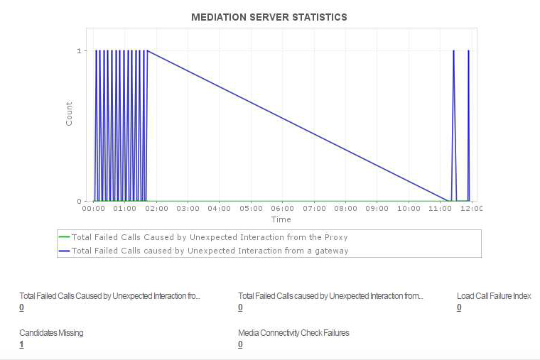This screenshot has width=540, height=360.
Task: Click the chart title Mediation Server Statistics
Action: click(269, 16)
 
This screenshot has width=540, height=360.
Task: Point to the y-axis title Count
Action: click(69, 114)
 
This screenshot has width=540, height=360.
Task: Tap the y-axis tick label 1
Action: click(78, 51)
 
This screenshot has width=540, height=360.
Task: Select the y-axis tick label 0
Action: click(78, 201)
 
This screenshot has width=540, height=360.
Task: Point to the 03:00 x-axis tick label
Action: click(188, 209)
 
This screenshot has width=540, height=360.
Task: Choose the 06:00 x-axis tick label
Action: click(283, 209)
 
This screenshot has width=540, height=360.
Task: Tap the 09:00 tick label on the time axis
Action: click(377, 209)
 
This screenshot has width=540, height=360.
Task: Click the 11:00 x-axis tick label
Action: click(441, 209)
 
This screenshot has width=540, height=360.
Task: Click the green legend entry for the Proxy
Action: click(210, 237)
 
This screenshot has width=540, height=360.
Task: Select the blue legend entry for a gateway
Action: click(210, 250)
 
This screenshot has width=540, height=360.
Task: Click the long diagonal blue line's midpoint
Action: click(297, 126)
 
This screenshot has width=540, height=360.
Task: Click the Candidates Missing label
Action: click(51, 332)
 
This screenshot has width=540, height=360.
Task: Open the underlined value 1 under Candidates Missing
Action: click(22, 344)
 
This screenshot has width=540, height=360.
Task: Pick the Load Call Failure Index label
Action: click(494, 296)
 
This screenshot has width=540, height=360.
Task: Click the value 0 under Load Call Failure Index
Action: click(459, 307)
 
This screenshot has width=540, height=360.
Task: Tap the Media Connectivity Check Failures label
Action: click(293, 332)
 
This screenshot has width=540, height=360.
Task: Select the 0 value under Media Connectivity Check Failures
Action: click(240, 344)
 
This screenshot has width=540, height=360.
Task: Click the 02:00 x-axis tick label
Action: click(156, 209)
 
